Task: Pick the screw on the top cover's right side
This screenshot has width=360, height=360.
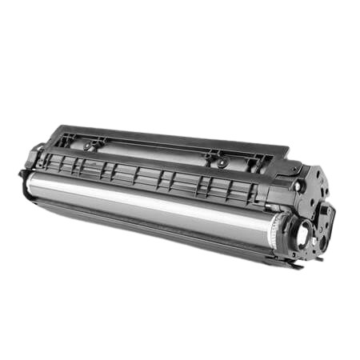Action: [222, 163]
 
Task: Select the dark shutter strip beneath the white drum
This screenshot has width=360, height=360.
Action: [144, 227]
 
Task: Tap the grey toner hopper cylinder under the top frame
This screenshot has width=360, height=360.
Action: [152, 150]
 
